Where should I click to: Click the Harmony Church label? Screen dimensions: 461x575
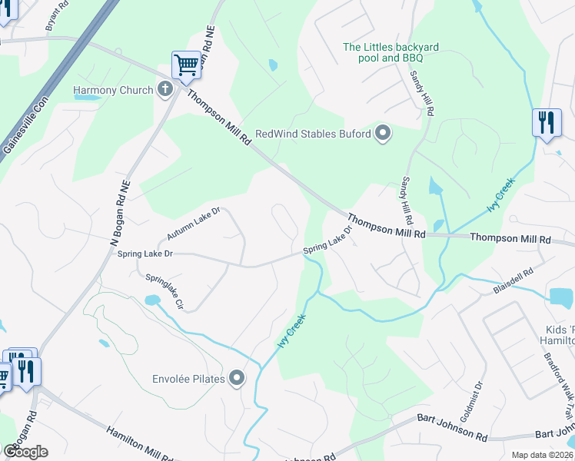point(113,90)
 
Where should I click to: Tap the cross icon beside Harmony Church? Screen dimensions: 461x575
point(165,90)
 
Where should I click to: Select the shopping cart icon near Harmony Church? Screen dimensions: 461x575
point(186,66)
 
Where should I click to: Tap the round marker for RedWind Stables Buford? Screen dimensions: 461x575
point(383,134)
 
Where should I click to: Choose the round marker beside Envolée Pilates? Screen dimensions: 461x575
point(238,377)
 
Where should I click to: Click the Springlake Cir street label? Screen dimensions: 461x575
point(164,293)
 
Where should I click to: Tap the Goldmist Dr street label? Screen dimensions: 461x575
point(479,396)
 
